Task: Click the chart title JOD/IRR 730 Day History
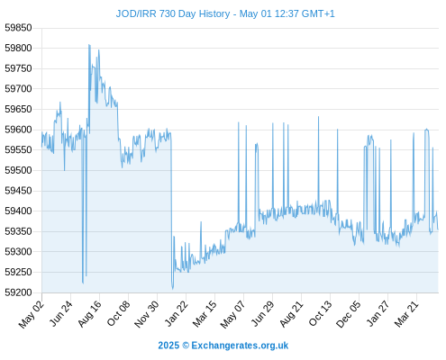coord(173,13)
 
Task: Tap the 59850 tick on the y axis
coord(18,28)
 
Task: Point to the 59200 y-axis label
coord(18,292)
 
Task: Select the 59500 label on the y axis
coord(18,170)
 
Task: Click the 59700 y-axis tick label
coord(18,89)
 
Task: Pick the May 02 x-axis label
coord(32,314)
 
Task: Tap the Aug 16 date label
coord(89,314)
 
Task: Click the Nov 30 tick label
coord(146,314)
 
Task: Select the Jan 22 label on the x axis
coord(176,314)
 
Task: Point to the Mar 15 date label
coord(205,314)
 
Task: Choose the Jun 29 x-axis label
coord(262,314)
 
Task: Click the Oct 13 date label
coord(320,314)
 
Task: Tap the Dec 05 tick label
coord(349,314)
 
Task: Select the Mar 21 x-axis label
coord(406,314)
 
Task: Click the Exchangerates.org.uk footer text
coord(240,346)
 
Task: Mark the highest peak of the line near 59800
coord(89,45)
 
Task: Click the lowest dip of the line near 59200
coord(173,289)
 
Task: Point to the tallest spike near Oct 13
coord(319,117)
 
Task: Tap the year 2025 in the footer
coord(168,346)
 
